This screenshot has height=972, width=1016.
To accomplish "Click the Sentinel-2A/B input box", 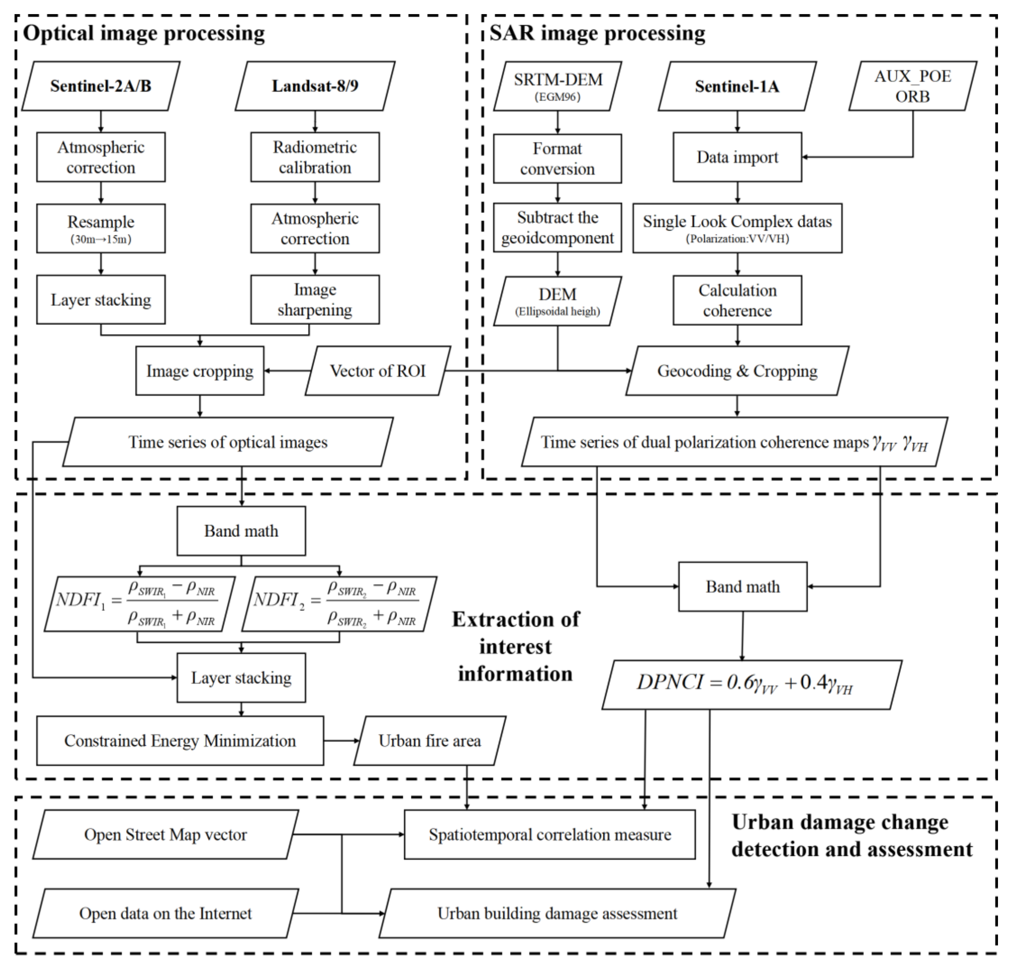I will click(x=101, y=86).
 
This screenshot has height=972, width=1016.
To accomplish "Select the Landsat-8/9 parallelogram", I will click(x=315, y=86).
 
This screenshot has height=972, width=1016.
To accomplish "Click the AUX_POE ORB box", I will click(x=912, y=86).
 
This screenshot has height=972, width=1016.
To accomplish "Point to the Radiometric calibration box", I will click(x=315, y=157).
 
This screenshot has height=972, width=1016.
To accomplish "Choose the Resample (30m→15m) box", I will click(x=101, y=228).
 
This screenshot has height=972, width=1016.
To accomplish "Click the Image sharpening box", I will click(x=315, y=299).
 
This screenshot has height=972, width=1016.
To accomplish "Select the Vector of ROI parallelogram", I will click(x=378, y=371).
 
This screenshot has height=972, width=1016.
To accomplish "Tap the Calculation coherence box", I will click(x=737, y=301).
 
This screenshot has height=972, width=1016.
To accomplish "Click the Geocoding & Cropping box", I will click(x=737, y=371).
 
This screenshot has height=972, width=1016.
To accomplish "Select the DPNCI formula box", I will click(x=751, y=684).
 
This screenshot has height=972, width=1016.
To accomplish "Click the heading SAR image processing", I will click(x=597, y=33).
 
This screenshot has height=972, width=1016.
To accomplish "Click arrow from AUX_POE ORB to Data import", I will click(x=860, y=157).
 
